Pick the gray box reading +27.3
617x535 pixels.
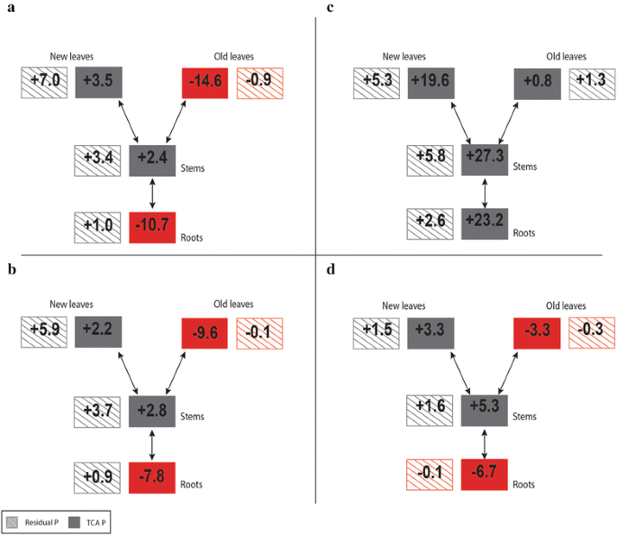tap(485, 160)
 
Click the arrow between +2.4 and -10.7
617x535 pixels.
tap(152, 193)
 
